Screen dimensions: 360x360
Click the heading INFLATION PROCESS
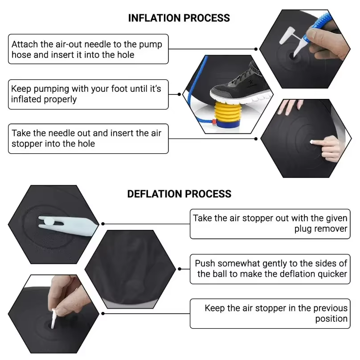(x=179, y=18)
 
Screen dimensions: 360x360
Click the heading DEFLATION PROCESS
(x=179, y=194)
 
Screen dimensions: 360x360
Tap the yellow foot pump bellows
(x=227, y=112)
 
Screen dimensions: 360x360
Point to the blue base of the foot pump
(x=228, y=124)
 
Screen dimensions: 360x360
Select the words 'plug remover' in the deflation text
(x=321, y=229)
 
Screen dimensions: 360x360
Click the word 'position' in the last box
(x=331, y=319)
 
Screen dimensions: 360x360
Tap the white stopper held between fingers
(x=54, y=319)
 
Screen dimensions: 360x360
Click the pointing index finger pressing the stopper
(x=321, y=143)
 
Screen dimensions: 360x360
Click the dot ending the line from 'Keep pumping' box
(x=179, y=94)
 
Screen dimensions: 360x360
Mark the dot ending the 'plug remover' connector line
(x=103, y=224)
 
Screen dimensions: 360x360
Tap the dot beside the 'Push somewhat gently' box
(x=180, y=269)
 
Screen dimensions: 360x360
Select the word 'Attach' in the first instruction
(x=25, y=44)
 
